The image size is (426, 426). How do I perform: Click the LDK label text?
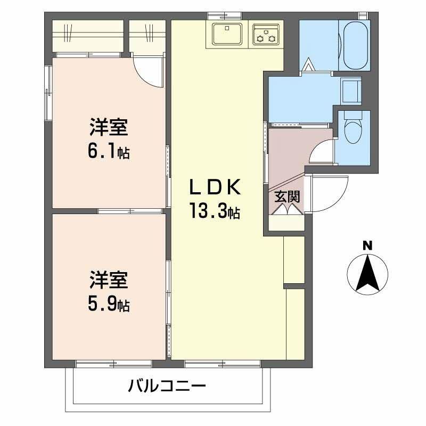(x=215, y=187)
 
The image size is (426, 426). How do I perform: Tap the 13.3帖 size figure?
(x=215, y=211)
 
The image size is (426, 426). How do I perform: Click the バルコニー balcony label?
(x=167, y=386)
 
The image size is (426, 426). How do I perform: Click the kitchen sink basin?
(x=227, y=34)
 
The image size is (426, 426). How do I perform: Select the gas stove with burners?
(x=266, y=34)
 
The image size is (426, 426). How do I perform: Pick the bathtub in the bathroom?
(x=355, y=45)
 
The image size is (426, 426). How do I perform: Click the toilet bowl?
(x=353, y=128)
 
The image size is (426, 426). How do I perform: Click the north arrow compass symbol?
(x=367, y=274)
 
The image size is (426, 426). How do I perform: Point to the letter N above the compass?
(x=367, y=245)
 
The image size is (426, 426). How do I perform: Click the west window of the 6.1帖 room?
(x=48, y=93)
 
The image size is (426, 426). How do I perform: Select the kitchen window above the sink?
(x=225, y=16)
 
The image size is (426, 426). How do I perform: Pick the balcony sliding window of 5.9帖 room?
(x=114, y=363)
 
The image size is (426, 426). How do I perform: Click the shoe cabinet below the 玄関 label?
(x=286, y=223)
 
